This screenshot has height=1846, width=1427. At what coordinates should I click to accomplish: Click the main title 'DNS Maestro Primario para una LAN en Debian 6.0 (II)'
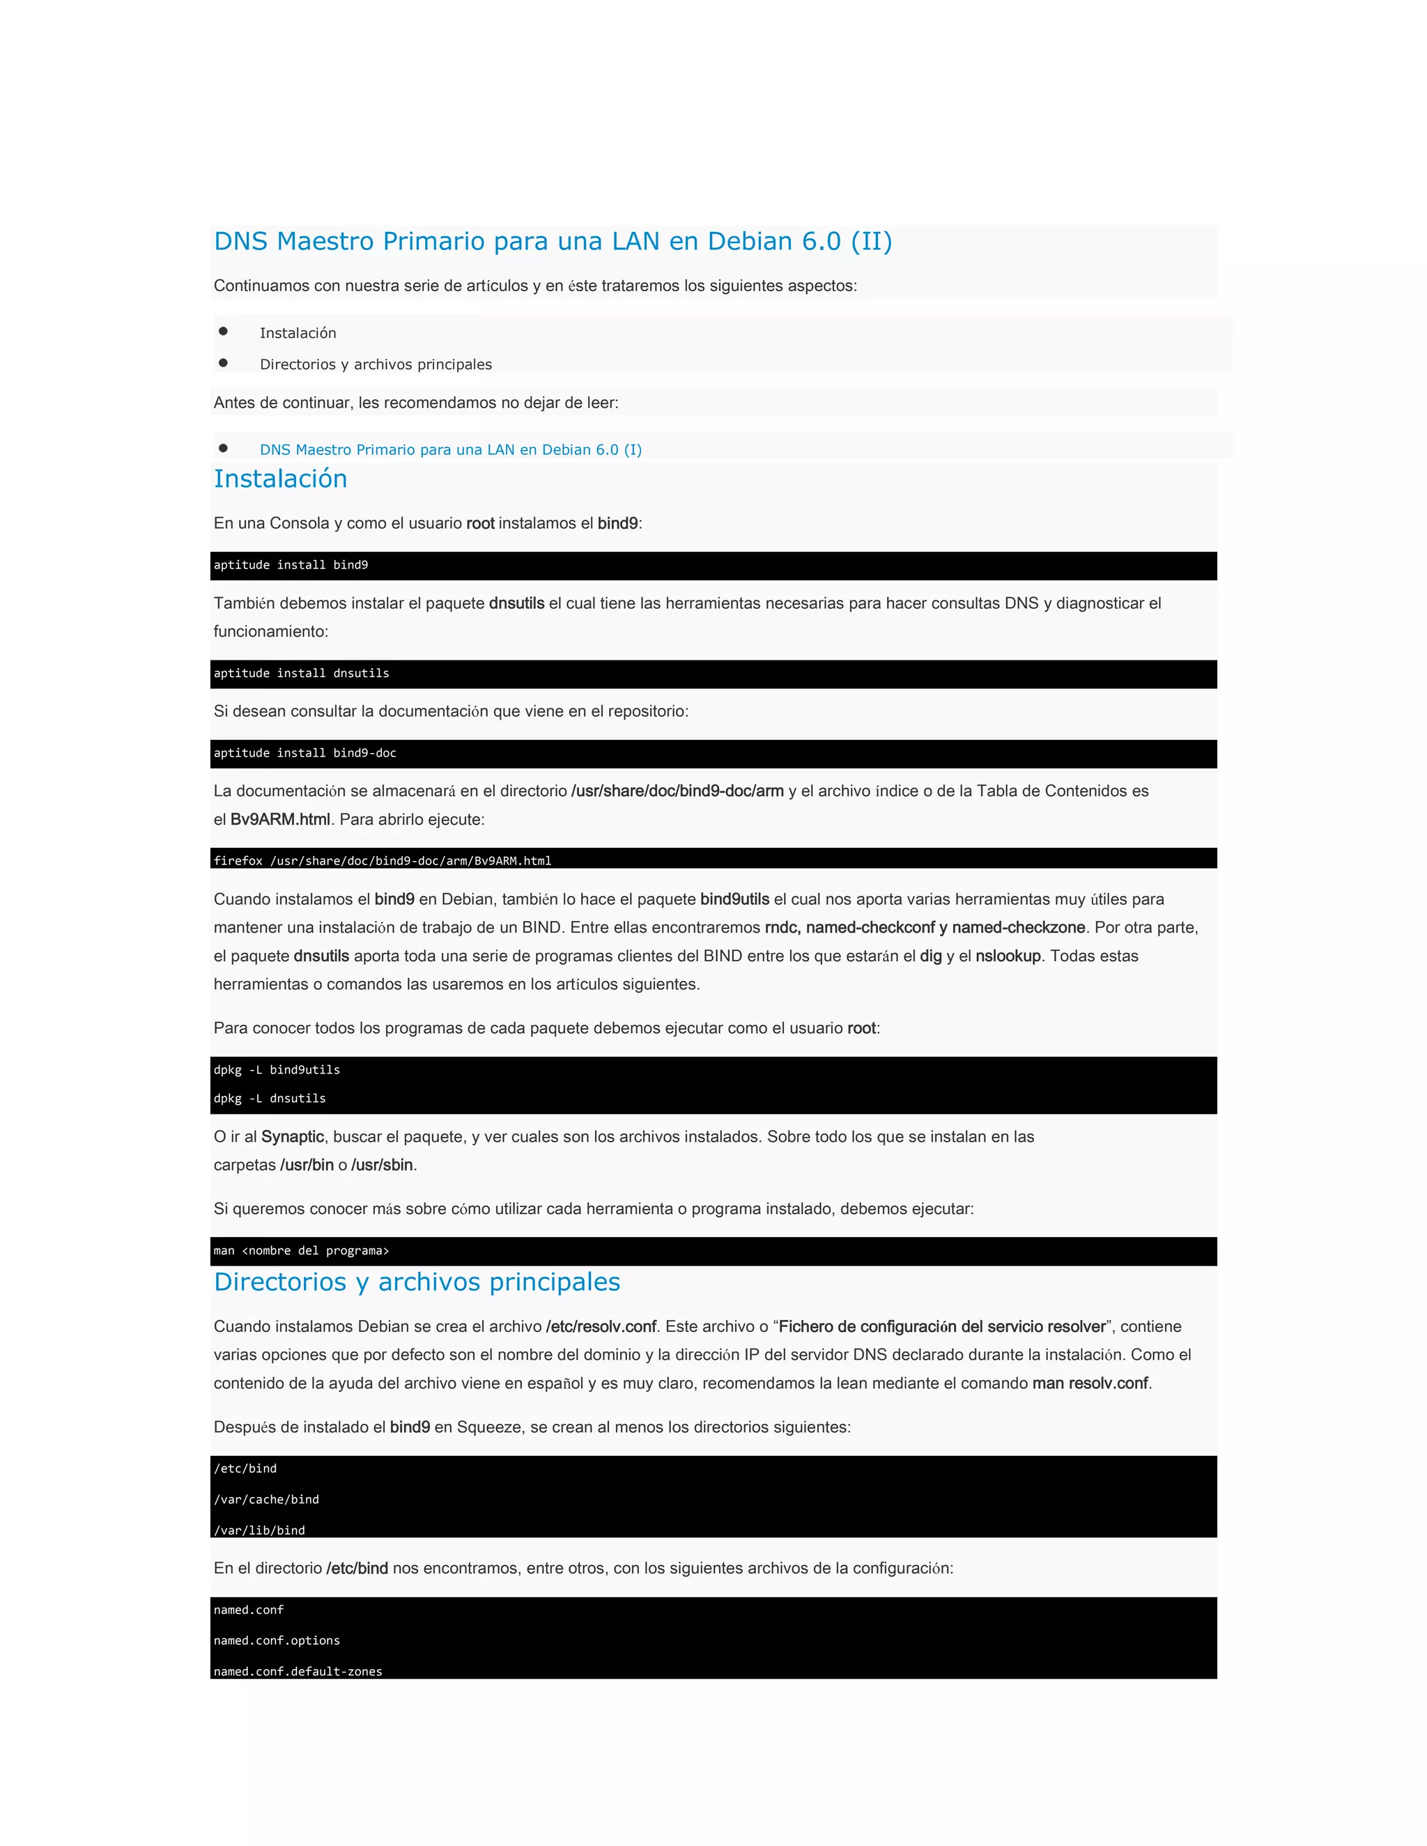(553, 242)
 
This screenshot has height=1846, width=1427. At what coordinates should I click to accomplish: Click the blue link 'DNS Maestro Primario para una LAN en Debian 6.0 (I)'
(451, 450)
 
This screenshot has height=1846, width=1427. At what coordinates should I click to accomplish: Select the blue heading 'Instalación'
(280, 479)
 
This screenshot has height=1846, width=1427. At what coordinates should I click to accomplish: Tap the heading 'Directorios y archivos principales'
(417, 1282)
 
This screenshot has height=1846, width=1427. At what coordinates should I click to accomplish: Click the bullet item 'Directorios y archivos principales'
(376, 364)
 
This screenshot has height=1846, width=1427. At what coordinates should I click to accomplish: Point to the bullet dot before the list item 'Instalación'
(223, 332)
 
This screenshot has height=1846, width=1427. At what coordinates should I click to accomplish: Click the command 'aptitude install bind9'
(291, 566)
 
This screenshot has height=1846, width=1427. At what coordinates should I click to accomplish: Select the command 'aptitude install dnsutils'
(301, 674)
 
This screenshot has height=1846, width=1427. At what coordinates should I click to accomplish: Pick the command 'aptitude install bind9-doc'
(304, 753)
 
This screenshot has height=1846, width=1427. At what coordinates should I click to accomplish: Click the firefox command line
(382, 860)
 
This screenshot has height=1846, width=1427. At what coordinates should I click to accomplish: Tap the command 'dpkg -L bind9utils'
(277, 1070)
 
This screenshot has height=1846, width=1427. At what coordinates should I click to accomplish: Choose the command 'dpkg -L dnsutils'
(270, 1099)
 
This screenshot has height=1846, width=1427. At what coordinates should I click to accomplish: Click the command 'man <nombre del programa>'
(301, 1251)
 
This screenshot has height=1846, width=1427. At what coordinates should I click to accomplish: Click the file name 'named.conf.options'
(277, 1641)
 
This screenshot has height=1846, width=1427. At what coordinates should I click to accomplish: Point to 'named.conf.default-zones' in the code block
(298, 1671)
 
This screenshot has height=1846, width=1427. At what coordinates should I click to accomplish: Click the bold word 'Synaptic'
(293, 1137)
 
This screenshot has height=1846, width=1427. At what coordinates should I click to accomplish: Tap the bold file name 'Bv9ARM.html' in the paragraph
(280, 819)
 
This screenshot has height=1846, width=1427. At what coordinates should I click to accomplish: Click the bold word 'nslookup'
(1008, 956)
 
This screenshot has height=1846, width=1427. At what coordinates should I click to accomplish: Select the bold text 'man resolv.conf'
(1090, 1383)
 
